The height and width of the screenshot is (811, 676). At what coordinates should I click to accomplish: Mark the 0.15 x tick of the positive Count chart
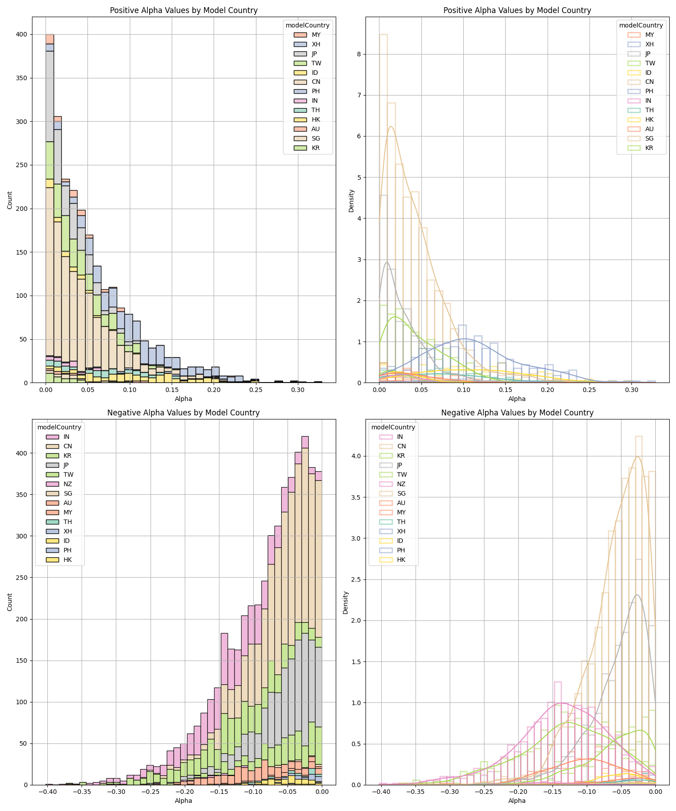pyautogui.click(x=172, y=389)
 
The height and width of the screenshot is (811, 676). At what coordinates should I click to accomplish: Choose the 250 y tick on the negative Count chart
pyautogui.click(x=22, y=578)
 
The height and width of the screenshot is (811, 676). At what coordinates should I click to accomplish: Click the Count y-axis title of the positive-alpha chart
pyautogui.click(x=10, y=200)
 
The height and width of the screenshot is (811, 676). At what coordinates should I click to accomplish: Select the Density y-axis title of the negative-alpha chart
pyautogui.click(x=346, y=602)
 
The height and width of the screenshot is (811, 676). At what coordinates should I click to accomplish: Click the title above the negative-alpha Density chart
pyautogui.click(x=517, y=413)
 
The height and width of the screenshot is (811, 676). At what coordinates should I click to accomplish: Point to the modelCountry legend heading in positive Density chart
pyautogui.click(x=641, y=25)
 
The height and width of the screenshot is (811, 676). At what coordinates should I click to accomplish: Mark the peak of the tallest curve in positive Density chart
pyautogui.click(x=391, y=127)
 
